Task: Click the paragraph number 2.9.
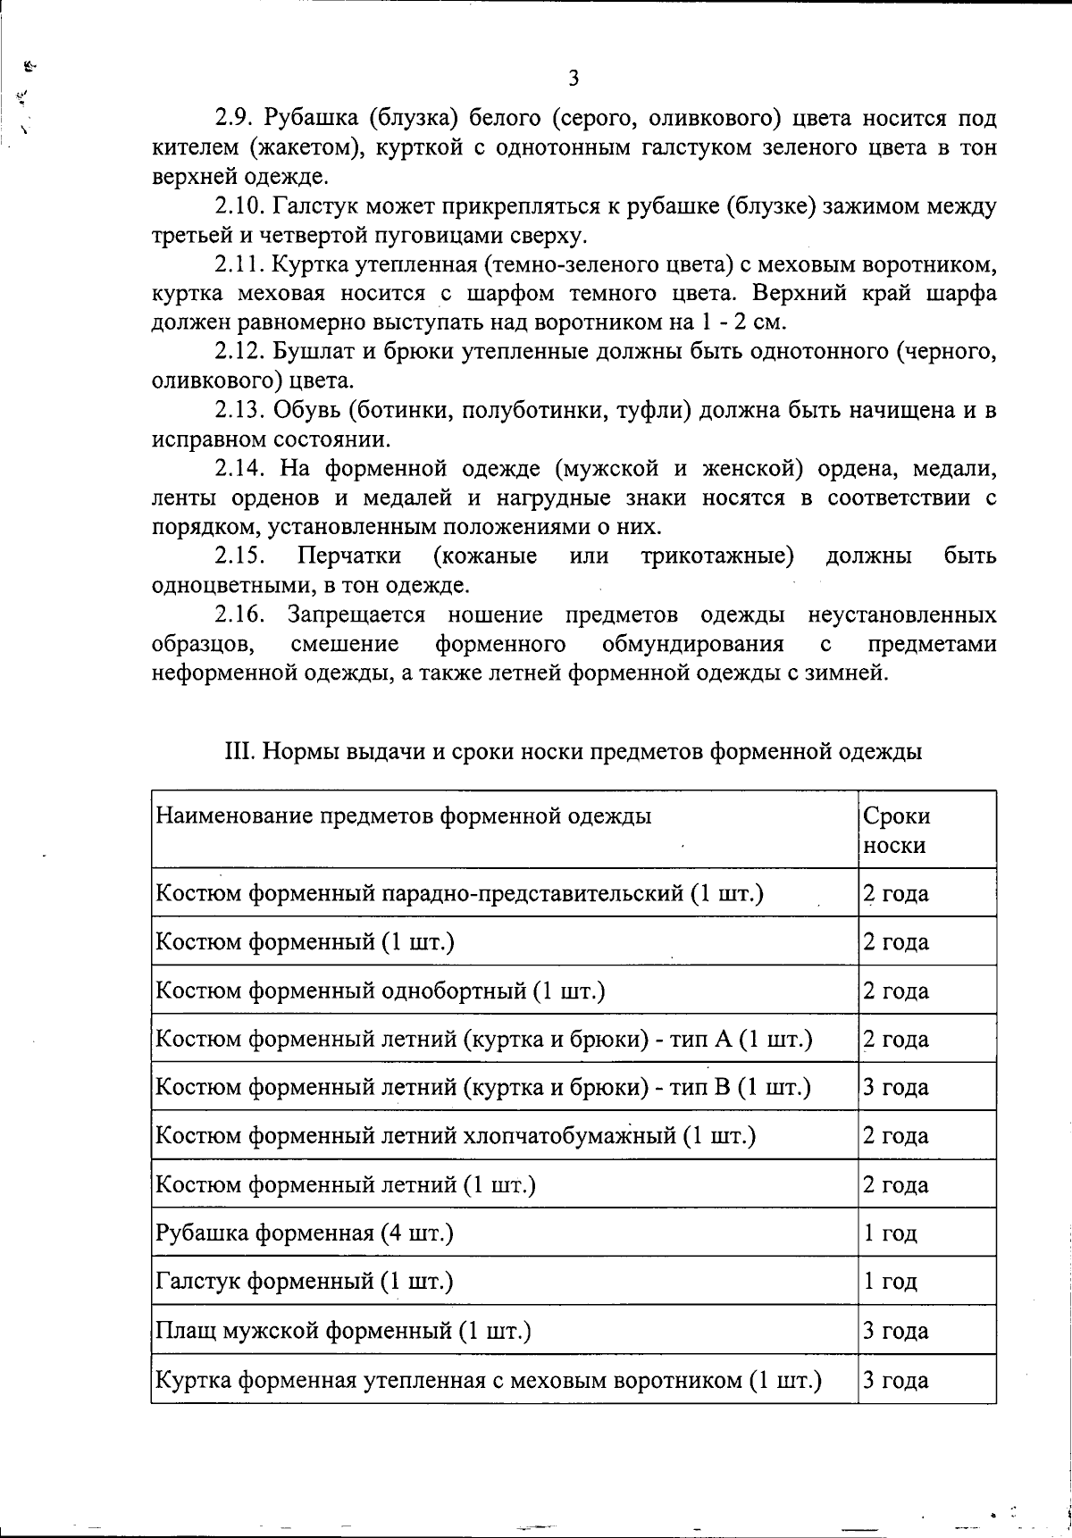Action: [235, 118]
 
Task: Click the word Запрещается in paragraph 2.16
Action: [356, 615]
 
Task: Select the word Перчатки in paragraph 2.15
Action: [349, 556]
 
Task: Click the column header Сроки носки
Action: [895, 830]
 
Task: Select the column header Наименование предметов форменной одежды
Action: [404, 815]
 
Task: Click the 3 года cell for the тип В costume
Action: [895, 1088]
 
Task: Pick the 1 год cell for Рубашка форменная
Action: [890, 1233]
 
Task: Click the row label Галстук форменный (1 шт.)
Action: [305, 1282]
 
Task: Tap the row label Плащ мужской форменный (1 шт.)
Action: [344, 1331]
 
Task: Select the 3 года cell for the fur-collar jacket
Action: [895, 1380]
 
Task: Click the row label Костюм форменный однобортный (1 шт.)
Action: [381, 991]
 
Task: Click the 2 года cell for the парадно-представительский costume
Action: [895, 893]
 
